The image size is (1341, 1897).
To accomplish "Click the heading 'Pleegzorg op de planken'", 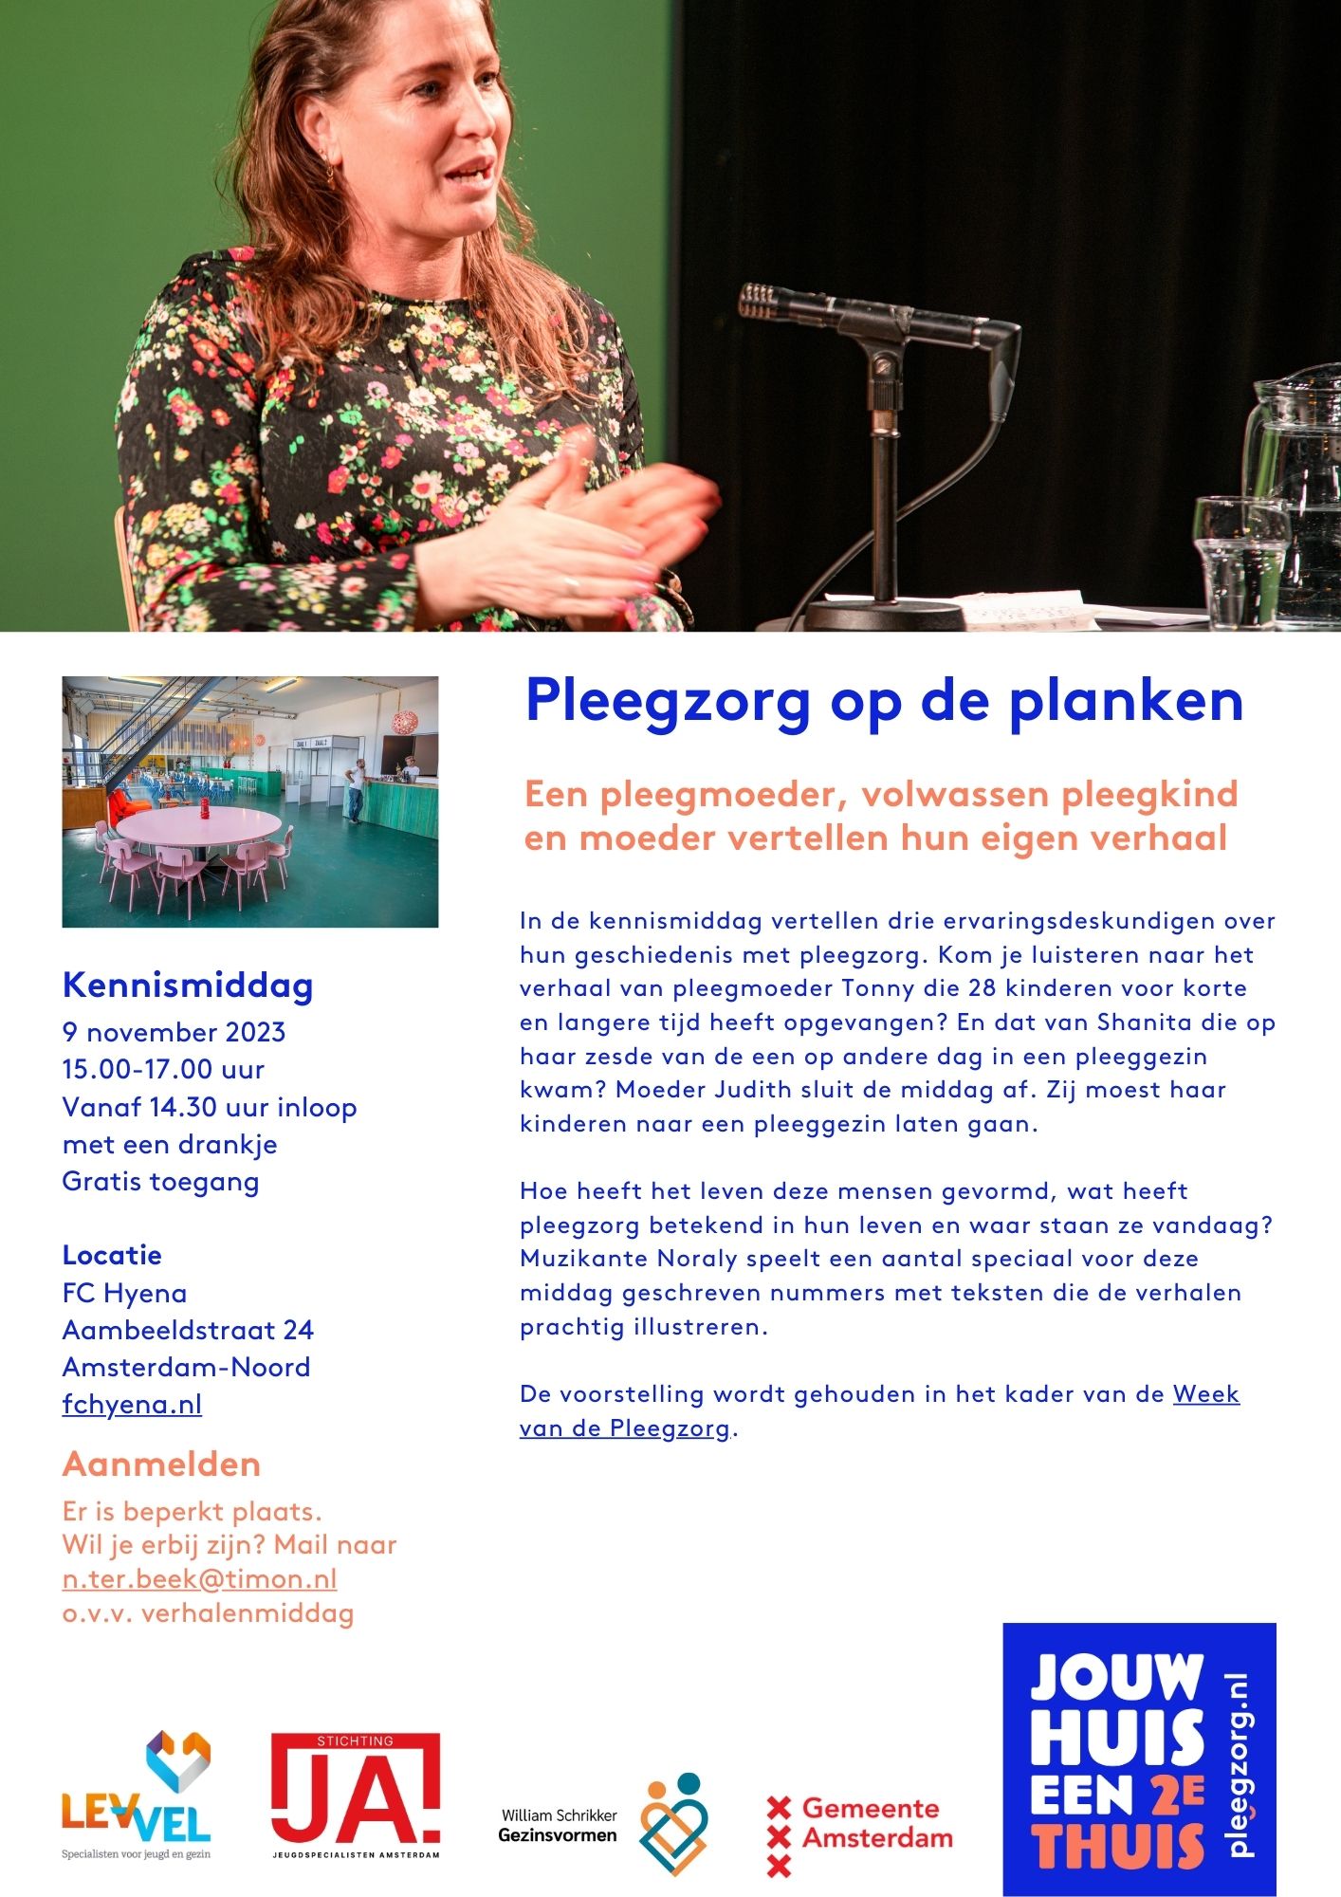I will (884, 702).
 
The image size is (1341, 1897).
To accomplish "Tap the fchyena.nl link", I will (132, 1404).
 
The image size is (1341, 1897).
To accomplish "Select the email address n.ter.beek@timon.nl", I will (199, 1578).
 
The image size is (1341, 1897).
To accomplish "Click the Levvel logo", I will (137, 1795).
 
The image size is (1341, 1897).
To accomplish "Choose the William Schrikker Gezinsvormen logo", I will (603, 1824).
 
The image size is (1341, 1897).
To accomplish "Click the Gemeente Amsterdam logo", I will (859, 1823).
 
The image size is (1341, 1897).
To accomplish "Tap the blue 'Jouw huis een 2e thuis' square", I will (1139, 1759).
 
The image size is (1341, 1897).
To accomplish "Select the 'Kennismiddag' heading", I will (188, 985).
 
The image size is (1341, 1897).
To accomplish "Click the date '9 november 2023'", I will (174, 1032).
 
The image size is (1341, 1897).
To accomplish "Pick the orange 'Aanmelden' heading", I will (161, 1464).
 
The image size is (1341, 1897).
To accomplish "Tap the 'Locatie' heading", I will (112, 1255).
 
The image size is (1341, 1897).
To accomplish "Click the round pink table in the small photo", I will (199, 827).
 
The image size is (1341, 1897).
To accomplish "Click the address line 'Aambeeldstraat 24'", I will (188, 1330).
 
